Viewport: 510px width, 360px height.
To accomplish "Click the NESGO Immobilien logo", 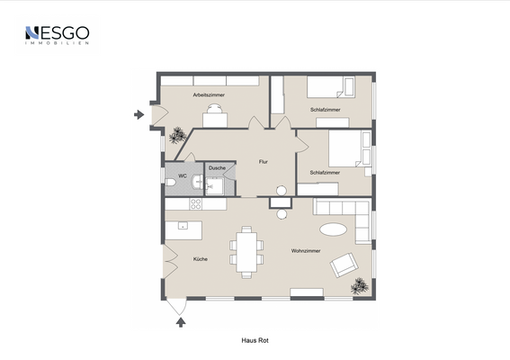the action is pyautogui.click(x=58, y=35).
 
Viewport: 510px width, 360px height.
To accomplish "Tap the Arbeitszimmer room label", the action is pyautogui.click(x=209, y=95).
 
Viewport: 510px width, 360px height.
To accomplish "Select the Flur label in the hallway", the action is pyautogui.click(x=264, y=162).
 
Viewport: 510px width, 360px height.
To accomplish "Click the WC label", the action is pyautogui.click(x=183, y=176).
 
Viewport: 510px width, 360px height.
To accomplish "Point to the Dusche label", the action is pyautogui.click(x=217, y=168).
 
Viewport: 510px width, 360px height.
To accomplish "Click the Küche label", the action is pyautogui.click(x=201, y=259).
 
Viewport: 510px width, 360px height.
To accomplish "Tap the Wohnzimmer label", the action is pyautogui.click(x=306, y=251).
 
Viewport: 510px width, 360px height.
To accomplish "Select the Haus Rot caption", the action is pyautogui.click(x=255, y=340).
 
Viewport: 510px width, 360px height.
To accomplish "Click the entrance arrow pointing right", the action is pyautogui.click(x=139, y=114).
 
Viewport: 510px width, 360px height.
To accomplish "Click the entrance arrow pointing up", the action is pyautogui.click(x=181, y=322).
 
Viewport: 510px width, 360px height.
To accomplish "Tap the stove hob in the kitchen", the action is pyautogui.click(x=196, y=204).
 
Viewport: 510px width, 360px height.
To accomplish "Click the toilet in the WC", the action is pyautogui.click(x=170, y=182).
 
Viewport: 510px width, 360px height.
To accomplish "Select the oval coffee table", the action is pyautogui.click(x=334, y=229).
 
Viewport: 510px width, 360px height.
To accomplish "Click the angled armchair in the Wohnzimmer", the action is pyautogui.click(x=344, y=265).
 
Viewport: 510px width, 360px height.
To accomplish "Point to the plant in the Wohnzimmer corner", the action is pyautogui.click(x=360, y=286).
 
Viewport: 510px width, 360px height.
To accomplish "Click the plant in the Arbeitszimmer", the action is pyautogui.click(x=177, y=135).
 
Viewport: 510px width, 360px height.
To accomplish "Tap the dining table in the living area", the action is pyautogui.click(x=246, y=252).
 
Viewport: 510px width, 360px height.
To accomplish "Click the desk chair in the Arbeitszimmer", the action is pyautogui.click(x=215, y=108).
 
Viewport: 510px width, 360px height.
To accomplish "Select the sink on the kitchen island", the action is pyautogui.click(x=183, y=225).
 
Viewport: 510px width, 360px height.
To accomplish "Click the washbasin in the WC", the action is pyautogui.click(x=198, y=182).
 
